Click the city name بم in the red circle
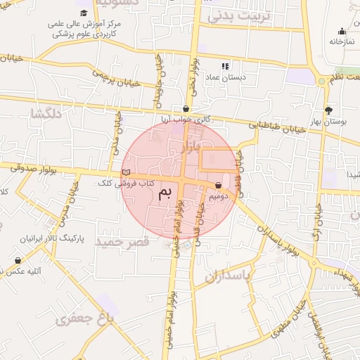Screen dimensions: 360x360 164,193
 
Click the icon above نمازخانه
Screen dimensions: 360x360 342,31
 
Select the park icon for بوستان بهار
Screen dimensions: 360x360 328,110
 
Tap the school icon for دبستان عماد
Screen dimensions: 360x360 217,66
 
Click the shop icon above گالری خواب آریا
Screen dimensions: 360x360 186,109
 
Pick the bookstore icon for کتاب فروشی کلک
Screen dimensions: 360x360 126,172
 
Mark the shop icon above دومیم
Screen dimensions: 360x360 218,186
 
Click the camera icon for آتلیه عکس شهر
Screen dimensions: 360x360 18,261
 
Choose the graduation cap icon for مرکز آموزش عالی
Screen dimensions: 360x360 84,13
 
